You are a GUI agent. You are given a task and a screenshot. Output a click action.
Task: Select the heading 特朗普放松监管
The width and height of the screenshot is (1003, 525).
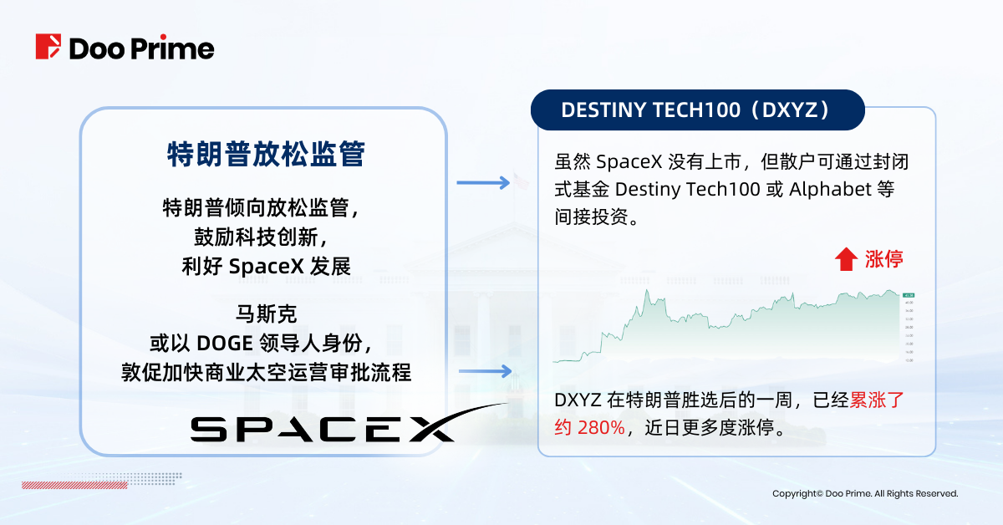(x=266, y=155)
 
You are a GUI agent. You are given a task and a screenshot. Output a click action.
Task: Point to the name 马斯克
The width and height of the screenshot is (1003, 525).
(x=266, y=314)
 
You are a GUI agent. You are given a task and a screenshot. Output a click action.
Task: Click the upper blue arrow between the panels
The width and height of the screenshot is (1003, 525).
(x=483, y=183)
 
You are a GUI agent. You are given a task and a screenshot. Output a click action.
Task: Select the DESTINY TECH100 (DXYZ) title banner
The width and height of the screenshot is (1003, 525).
(x=697, y=110)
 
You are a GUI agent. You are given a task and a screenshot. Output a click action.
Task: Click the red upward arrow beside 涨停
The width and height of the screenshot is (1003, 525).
(x=846, y=259)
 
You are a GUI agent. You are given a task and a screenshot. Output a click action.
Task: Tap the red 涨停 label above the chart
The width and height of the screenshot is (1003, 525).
(x=883, y=259)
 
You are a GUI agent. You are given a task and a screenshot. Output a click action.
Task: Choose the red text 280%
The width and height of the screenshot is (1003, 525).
(x=601, y=428)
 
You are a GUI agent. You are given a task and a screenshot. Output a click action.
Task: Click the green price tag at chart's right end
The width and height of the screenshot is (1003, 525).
(x=909, y=295)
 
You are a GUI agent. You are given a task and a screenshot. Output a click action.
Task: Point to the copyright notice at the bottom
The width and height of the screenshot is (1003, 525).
(x=864, y=494)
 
